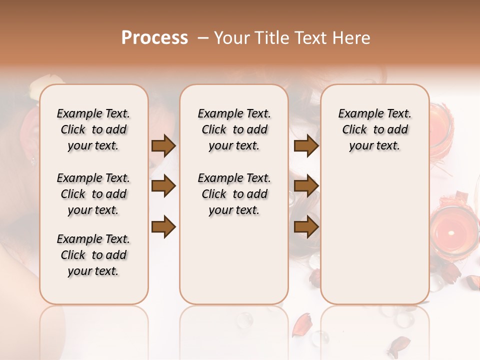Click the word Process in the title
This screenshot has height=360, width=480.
tap(154, 38)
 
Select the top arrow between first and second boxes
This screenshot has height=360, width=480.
tap(163, 145)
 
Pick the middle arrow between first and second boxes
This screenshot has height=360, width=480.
tap(163, 186)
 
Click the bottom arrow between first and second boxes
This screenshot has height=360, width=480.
tap(163, 227)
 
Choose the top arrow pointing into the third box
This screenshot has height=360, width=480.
tap(306, 145)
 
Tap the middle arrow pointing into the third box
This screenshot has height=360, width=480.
tap(306, 186)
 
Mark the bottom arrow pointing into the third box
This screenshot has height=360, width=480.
tap(306, 227)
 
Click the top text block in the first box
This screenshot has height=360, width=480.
tap(93, 129)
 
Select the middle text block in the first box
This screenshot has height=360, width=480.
tap(93, 194)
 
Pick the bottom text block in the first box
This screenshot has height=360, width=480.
tap(93, 255)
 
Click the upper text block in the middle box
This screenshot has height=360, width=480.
tap(234, 129)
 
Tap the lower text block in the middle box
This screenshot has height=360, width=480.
tap(234, 194)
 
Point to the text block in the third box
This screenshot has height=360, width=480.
tap(374, 129)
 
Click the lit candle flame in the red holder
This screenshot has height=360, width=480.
tap(451, 232)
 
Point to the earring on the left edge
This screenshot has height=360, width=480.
tap(33, 160)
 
